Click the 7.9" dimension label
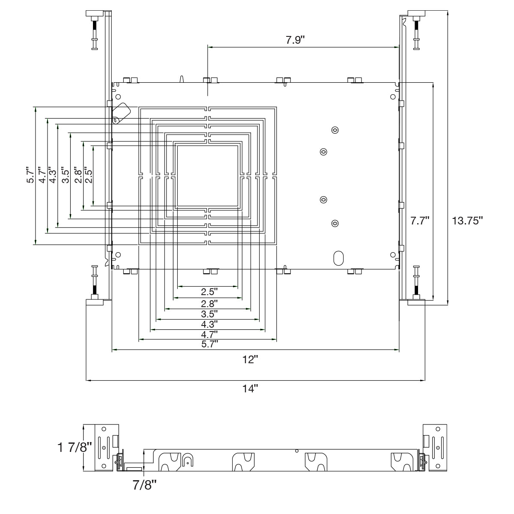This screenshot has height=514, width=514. click(x=295, y=40)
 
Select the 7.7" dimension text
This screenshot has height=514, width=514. click(x=420, y=221)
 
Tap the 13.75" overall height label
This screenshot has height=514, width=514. click(x=467, y=221)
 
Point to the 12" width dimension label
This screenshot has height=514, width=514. click(x=251, y=359)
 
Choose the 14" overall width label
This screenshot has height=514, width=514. click(x=251, y=389)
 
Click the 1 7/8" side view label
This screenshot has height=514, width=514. click(x=75, y=448)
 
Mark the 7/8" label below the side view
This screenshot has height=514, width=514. click(x=144, y=486)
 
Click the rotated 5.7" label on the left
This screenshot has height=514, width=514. click(x=30, y=175)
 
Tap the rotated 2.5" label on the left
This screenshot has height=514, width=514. click(x=89, y=175)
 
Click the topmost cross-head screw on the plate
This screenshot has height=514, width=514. click(x=335, y=130)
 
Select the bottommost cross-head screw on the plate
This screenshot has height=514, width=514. click(x=335, y=223)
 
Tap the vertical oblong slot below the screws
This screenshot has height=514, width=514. click(x=338, y=257)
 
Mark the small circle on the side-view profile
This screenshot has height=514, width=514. click(x=296, y=451)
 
